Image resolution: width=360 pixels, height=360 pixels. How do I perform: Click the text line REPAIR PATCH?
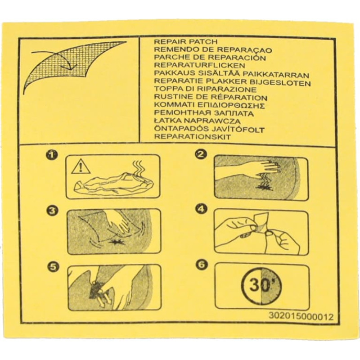tap(185, 42)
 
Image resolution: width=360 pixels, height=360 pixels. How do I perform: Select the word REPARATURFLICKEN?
tap(199, 65)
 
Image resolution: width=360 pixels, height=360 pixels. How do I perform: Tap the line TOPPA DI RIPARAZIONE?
tap(205, 89)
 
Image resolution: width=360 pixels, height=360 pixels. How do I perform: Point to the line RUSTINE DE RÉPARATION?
tap(211, 97)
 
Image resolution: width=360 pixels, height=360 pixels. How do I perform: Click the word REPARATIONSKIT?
tap(193, 137)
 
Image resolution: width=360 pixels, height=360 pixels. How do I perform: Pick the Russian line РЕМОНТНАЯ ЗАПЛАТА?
tap(204, 113)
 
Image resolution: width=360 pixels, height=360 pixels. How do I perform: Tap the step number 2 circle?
tap(200, 154)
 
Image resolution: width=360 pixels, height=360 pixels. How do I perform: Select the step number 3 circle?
tap(52, 211)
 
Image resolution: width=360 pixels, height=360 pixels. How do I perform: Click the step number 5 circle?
tap(53, 267)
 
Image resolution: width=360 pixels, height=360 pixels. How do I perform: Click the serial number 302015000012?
tap(301, 317)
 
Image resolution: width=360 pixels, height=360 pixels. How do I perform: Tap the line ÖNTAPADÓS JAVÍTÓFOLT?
tap(209, 129)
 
